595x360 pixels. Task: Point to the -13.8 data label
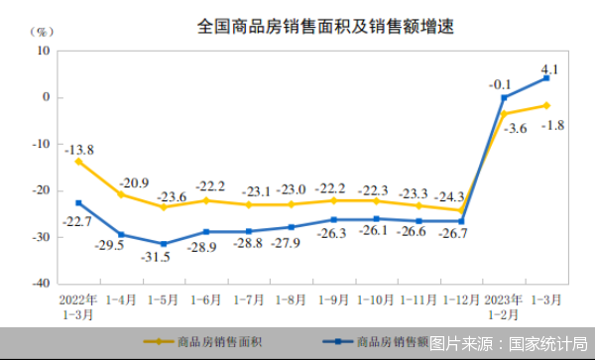79,150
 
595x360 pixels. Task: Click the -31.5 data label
163,257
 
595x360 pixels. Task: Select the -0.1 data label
501,85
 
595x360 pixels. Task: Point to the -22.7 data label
78,221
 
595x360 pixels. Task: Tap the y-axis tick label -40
42,283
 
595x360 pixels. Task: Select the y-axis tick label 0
47,97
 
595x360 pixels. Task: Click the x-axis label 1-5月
164,298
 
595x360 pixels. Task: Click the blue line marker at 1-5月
164,243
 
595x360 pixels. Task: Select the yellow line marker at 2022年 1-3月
78,161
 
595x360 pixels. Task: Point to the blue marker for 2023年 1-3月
546,78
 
